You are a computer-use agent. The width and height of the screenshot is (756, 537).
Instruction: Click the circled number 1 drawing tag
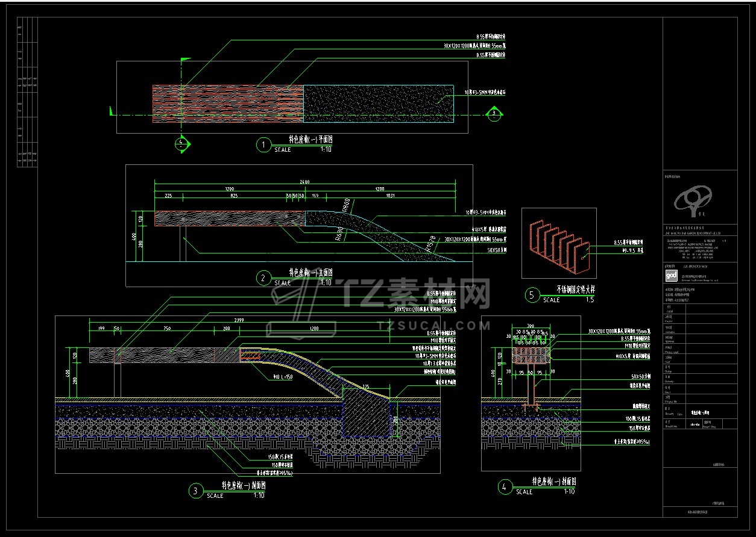click(263, 144)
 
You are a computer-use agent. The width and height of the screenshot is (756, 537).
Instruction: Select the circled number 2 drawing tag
click(263, 278)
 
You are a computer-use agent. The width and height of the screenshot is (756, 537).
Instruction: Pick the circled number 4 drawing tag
click(505, 487)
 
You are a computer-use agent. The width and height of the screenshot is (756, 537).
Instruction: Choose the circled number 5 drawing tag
click(532, 295)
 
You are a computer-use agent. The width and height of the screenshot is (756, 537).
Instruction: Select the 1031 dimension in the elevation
click(390, 196)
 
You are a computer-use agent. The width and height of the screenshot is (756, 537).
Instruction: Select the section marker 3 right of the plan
click(494, 113)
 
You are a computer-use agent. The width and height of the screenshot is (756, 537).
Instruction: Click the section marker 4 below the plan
click(181, 143)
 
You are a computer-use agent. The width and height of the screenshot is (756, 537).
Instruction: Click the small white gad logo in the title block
click(670, 276)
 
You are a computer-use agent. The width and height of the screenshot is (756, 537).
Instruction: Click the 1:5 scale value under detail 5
click(590, 300)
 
